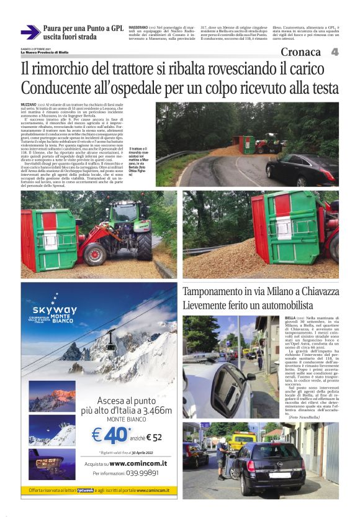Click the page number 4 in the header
(335, 52)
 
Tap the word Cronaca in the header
(300, 52)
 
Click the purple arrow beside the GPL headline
(30, 32)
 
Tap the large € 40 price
(108, 435)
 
